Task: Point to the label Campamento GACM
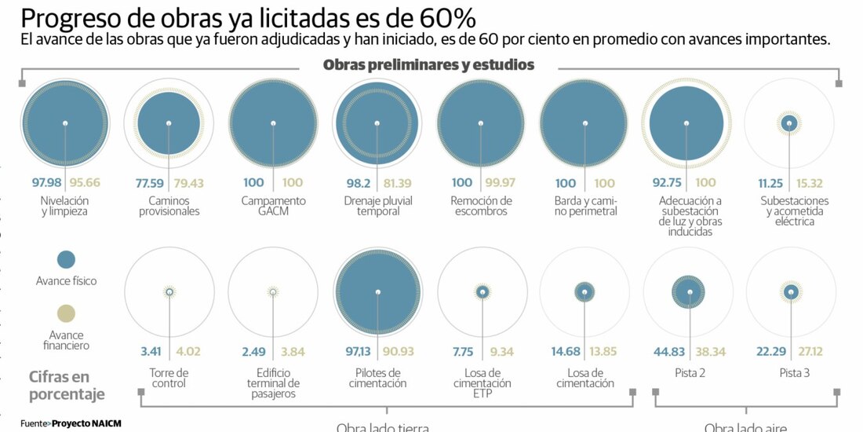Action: [273, 206]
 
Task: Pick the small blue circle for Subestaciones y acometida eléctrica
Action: [789, 123]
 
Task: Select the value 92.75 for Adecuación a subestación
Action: [665, 182]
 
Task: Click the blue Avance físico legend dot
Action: [67, 259]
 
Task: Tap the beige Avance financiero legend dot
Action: [67, 313]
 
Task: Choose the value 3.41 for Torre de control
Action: [151, 351]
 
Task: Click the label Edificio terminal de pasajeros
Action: [273, 383]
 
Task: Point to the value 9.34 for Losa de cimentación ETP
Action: [501, 351]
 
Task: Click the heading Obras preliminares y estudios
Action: [428, 64]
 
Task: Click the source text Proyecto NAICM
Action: [86, 423]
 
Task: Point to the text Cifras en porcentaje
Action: [67, 385]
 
